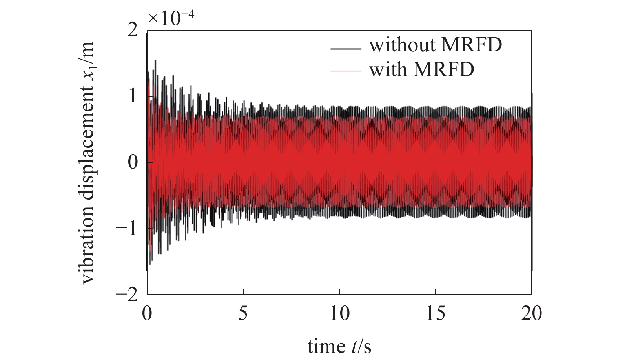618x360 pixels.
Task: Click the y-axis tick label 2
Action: click(x=133, y=31)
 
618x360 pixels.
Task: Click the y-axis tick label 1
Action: click(x=133, y=96)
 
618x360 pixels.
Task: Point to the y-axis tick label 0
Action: click(x=133, y=162)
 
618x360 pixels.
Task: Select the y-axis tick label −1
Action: click(x=128, y=228)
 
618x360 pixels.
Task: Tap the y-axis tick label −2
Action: click(x=128, y=295)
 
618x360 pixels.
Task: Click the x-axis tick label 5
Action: click(x=243, y=314)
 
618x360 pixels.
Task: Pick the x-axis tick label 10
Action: click(x=339, y=314)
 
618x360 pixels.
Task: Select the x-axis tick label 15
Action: click(x=436, y=314)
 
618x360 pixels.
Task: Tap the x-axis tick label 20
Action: click(x=532, y=314)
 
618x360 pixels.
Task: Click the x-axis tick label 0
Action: click(x=147, y=314)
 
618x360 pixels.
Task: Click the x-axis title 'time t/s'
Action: click(x=339, y=346)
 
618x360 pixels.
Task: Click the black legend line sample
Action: click(x=346, y=48)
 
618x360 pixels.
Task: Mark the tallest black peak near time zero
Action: click(x=156, y=61)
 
